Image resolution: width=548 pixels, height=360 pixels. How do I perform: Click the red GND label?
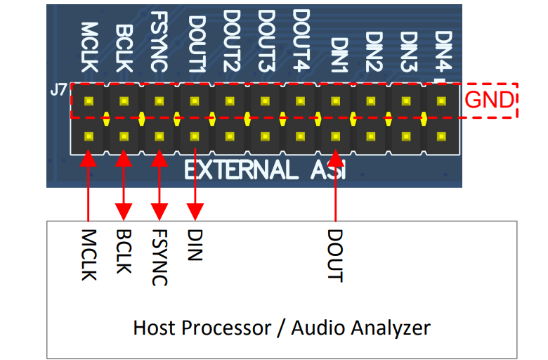489,100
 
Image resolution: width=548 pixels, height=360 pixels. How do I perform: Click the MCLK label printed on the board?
89,47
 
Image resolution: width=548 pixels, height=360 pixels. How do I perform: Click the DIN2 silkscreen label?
373,52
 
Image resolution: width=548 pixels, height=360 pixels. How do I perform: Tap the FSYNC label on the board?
160,44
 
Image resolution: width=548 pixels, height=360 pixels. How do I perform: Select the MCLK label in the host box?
89,255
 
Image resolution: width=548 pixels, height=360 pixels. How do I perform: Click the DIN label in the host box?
195,244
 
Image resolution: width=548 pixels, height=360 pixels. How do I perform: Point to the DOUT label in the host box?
335,255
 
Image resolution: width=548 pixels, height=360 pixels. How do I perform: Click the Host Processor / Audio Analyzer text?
281,328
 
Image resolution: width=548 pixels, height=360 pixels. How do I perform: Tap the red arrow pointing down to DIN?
195,183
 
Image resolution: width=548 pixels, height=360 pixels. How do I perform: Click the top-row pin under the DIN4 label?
442,101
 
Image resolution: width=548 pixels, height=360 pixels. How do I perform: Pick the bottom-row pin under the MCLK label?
89,136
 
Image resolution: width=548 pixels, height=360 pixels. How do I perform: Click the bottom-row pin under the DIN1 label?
336,136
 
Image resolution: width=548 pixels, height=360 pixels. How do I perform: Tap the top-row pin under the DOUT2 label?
230,101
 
